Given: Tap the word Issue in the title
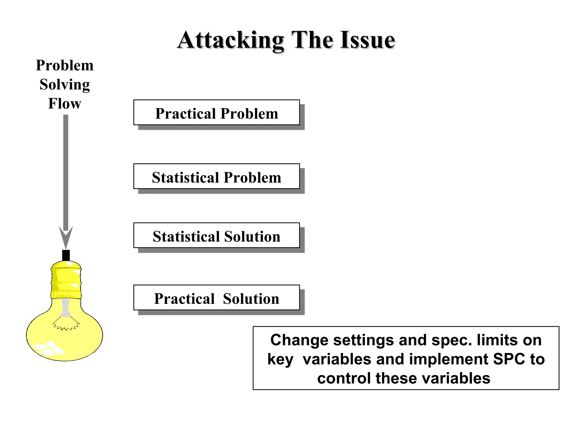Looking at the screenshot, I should point(368,41).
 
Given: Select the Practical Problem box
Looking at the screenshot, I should point(217,113).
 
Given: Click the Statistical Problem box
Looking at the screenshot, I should point(217,176).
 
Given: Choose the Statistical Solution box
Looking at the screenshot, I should point(217,235).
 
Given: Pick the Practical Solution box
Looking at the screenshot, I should point(217,298).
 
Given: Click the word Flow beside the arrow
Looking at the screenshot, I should point(65,104).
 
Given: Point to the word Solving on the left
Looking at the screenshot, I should point(65,85).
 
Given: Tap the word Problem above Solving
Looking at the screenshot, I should point(65,66).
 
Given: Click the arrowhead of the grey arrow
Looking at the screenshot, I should point(66,238).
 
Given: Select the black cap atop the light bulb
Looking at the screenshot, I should point(66,255).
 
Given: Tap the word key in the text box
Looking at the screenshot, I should point(280,359).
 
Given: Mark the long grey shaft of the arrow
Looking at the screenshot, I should point(66,171).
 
